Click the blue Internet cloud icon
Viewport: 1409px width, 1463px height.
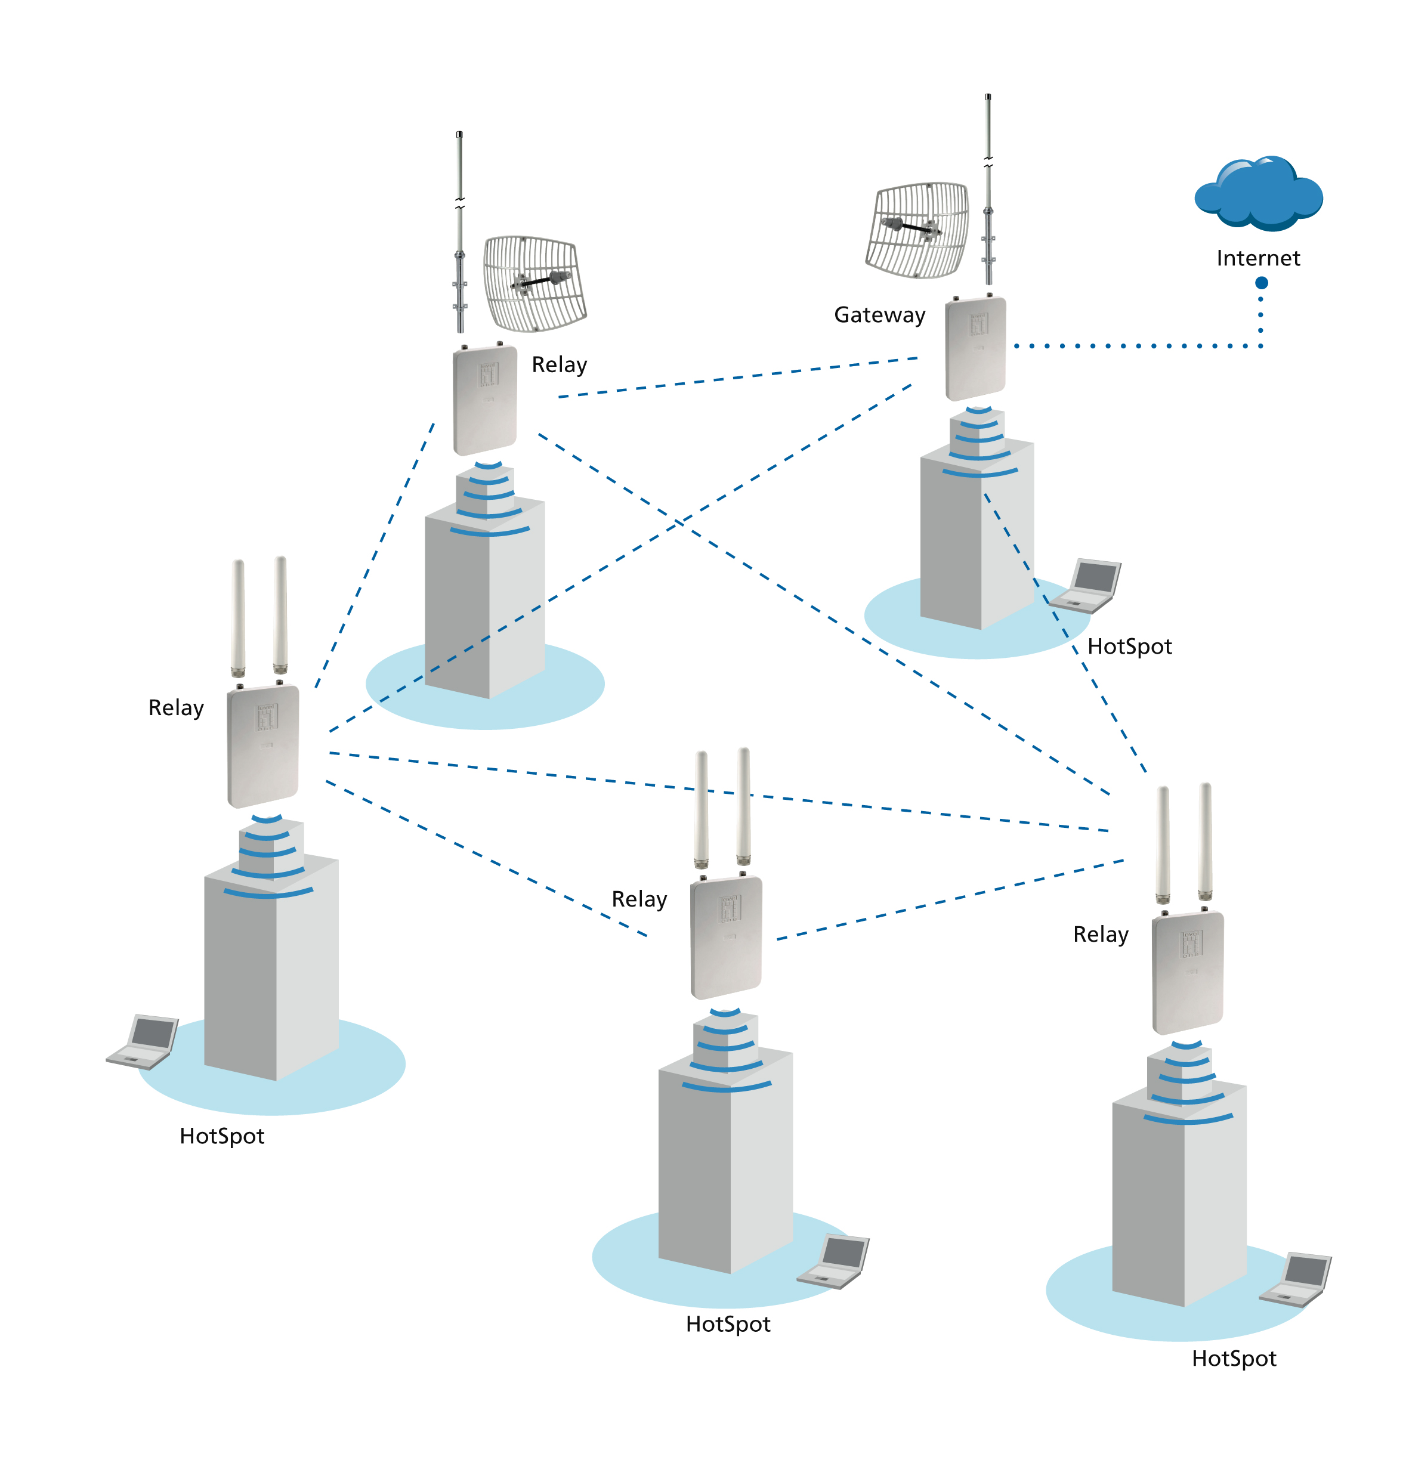coord(1258,193)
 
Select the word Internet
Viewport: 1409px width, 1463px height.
coord(1257,258)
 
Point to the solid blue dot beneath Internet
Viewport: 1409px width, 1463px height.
coord(1261,283)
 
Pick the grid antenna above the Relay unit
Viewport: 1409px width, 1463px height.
coord(534,284)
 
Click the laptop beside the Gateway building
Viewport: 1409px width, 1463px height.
coord(1086,586)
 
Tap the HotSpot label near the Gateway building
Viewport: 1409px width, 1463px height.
coord(1129,647)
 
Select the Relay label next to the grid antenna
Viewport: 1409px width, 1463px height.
coord(560,365)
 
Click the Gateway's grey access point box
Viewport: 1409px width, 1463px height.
coord(975,348)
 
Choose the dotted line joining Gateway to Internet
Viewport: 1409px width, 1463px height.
coord(1135,345)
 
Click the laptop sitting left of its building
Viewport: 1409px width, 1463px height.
coord(143,1041)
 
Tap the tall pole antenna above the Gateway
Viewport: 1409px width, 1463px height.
coord(988,187)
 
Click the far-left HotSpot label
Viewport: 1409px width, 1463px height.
coord(222,1136)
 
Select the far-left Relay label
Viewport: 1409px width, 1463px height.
coord(175,707)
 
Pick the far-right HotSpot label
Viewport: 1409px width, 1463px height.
coord(1234,1359)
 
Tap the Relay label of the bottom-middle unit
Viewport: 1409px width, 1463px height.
coord(638,899)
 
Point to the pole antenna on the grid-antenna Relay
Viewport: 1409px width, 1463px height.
coord(460,231)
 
